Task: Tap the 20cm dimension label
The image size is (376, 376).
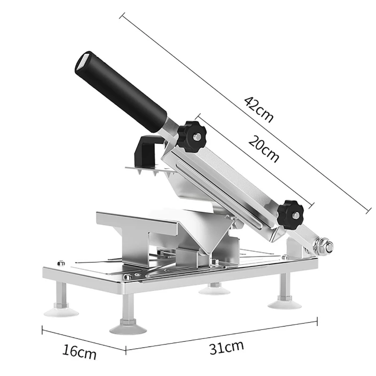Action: (263, 149)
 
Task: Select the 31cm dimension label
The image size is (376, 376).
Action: (227, 347)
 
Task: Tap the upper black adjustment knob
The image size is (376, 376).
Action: (192, 136)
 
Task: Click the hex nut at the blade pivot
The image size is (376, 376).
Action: (325, 245)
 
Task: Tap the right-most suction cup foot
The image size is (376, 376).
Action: (284, 303)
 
